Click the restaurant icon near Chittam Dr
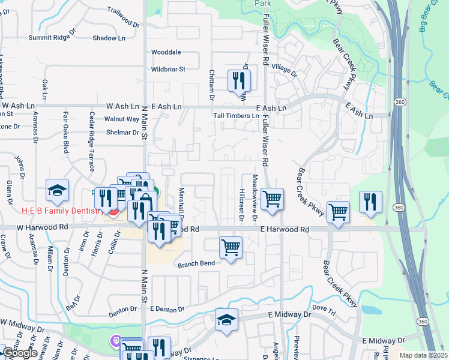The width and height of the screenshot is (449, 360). [x=239, y=80]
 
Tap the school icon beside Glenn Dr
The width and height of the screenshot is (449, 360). [x=58, y=190]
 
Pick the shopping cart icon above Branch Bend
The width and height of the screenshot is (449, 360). [x=231, y=247]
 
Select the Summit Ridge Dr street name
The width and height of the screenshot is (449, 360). [x=52, y=38]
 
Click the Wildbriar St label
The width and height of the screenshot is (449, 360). [x=168, y=69]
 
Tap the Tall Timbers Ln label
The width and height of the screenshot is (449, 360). [x=236, y=115]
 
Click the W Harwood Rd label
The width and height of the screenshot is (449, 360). [x=43, y=227]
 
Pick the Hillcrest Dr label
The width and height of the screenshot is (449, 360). [x=241, y=209]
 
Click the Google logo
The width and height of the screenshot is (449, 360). [x=19, y=353]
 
